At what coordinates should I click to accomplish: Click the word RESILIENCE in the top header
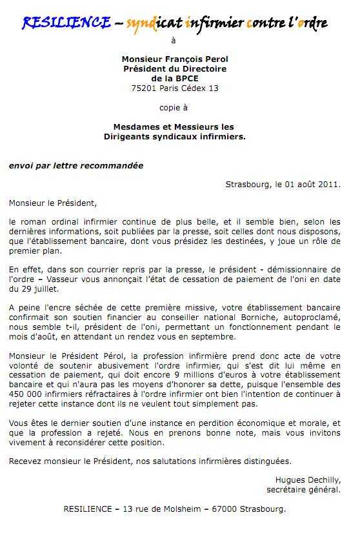click(x=66, y=24)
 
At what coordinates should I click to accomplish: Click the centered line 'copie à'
click(x=174, y=108)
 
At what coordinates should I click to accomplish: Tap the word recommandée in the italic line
click(x=114, y=165)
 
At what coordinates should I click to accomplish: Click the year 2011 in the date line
click(x=326, y=184)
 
